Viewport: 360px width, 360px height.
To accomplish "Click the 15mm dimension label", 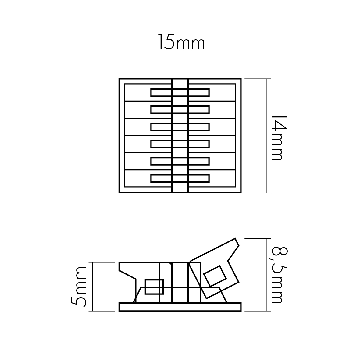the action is tap(181, 42).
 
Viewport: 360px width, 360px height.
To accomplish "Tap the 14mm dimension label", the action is tap(280, 137).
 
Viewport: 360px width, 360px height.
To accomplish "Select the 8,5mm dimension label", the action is tap(280, 275).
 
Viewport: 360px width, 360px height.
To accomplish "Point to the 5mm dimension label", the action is tap(79, 287).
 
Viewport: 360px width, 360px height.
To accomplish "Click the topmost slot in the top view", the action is tap(180, 92).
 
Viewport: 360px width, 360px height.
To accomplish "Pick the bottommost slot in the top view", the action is tap(180, 178).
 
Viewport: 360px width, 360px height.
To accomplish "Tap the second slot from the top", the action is tap(180, 109).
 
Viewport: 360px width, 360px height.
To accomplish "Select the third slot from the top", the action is tap(180, 127).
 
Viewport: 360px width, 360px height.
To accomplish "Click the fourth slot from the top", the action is tap(180, 144).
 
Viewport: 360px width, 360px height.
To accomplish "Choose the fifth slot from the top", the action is tap(180, 161).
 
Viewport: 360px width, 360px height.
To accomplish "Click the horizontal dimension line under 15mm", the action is tap(180, 55).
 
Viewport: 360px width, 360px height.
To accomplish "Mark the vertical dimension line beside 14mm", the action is tap(266, 136).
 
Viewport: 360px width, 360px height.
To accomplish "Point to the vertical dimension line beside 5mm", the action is tap(92, 287).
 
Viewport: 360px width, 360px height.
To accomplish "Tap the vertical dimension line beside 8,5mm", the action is tap(266, 275).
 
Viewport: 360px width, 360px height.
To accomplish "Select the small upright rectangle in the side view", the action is tap(154, 287).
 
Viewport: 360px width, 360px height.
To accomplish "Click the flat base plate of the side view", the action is tap(180, 307).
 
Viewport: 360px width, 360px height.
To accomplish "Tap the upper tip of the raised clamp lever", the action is tap(235, 239).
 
